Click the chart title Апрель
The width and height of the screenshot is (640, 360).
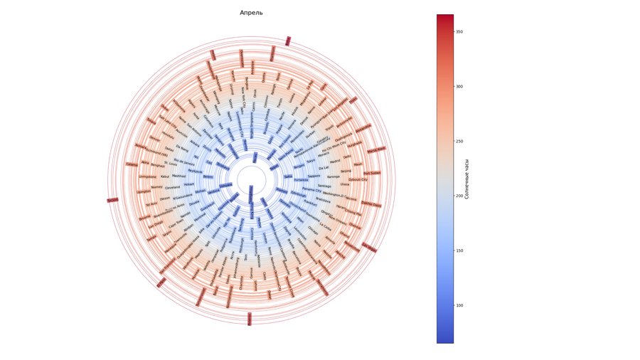[x=251, y=13]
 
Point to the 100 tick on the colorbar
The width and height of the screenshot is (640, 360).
[x=459, y=305]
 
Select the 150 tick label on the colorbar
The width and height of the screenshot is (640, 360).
[x=459, y=250]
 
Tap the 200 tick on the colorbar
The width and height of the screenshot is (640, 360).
[x=459, y=196]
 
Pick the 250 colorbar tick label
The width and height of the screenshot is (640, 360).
[x=459, y=141]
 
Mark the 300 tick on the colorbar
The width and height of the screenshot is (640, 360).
[x=459, y=86]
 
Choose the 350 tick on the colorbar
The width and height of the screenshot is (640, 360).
[x=459, y=31]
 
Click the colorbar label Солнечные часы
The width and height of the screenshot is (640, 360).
[x=466, y=179]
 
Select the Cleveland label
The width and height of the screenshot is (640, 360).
[x=173, y=187]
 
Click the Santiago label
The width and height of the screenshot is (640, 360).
[x=324, y=186]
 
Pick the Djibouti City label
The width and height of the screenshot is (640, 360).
[x=358, y=180]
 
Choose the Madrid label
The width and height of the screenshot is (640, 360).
[x=336, y=162]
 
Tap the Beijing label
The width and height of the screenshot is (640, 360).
[x=346, y=171]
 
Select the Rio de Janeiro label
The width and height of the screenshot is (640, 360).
[x=184, y=159]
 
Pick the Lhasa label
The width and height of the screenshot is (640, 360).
[x=345, y=184]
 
